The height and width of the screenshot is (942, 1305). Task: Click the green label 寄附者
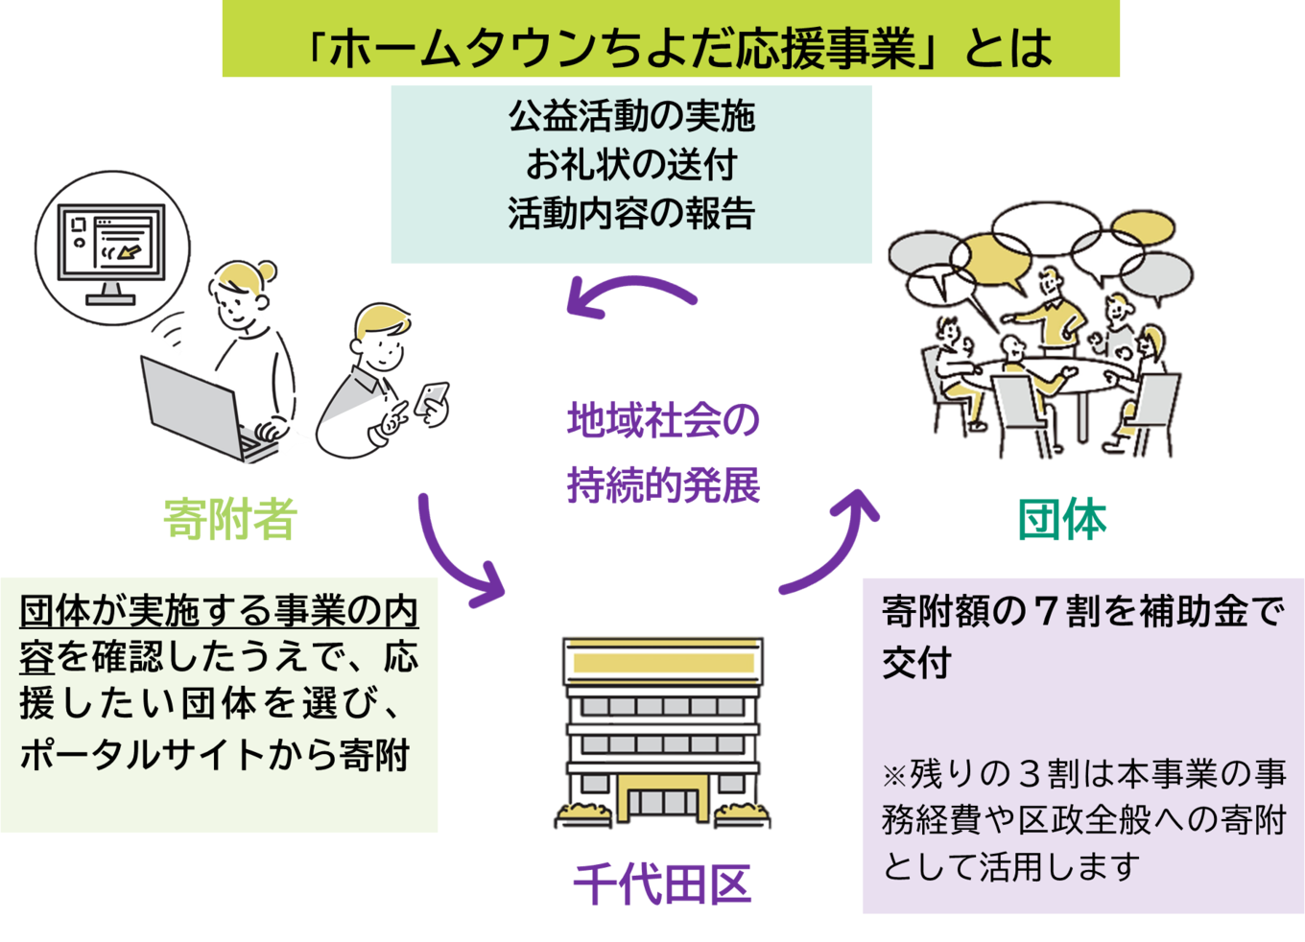(x=230, y=519)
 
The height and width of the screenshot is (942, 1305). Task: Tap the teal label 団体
(x=1061, y=519)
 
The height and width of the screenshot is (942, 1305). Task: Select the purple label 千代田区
(x=662, y=884)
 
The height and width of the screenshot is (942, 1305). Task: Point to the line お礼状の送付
(x=631, y=165)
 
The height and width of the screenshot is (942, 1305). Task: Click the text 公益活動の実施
(x=631, y=116)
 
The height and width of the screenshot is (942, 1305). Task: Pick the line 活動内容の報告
(x=631, y=213)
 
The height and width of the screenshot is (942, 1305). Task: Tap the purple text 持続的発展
(x=663, y=485)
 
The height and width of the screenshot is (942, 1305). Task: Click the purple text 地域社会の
(x=663, y=420)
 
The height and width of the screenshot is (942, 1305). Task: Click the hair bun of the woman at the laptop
(x=266, y=271)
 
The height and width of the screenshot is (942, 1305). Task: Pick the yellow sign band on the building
(x=663, y=663)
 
